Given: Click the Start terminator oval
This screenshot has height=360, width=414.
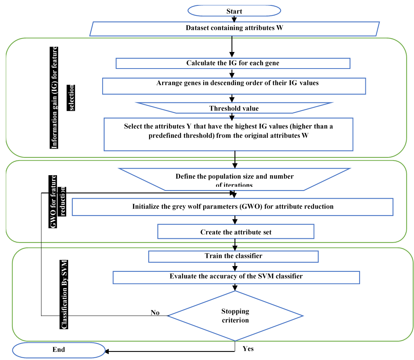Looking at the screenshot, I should [234, 11].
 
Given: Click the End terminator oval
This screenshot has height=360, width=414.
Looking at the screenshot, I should [59, 350].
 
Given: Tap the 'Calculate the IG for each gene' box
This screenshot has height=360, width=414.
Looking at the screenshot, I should [233, 63].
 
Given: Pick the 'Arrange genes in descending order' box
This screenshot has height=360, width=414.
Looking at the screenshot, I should [234, 86].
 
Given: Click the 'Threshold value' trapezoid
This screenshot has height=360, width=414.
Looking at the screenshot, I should [234, 108].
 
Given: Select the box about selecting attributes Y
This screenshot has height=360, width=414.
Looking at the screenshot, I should [229, 134].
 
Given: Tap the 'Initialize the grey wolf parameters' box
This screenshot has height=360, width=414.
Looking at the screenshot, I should [232, 207].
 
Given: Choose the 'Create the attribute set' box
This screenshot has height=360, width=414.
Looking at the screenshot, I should [236, 232].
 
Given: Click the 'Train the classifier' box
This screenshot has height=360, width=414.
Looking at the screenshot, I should [233, 256].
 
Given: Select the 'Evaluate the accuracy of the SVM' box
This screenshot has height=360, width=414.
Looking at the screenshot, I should [236, 277].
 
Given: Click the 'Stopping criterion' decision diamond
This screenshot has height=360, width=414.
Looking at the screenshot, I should [235, 315].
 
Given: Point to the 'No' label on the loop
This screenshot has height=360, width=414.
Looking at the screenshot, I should [155, 313].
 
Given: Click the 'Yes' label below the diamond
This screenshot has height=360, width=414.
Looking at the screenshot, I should [248, 349].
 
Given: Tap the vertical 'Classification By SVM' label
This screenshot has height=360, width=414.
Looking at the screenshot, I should [64, 295].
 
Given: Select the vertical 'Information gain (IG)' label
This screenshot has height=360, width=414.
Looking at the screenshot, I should [55, 97].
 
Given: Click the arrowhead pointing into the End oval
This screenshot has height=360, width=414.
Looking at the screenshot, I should [108, 351].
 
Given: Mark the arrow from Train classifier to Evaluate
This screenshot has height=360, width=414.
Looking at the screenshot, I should [234, 266].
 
